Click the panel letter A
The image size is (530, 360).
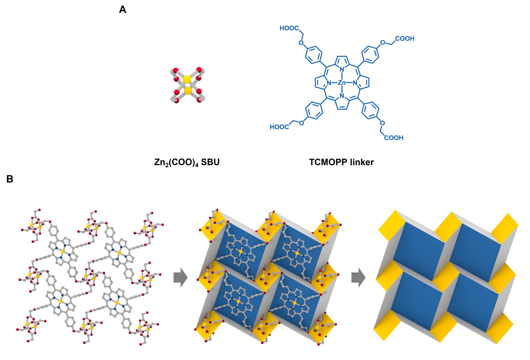click(123, 10)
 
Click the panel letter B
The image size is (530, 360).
click(10, 179)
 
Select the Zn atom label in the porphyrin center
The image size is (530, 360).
click(342, 83)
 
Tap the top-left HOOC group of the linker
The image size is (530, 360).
click(289, 28)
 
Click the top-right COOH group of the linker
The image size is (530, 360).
click(405, 39)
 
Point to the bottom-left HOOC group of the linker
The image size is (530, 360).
click(279, 127)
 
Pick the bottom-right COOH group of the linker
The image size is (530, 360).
click(394, 138)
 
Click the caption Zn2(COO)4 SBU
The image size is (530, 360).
click(187, 162)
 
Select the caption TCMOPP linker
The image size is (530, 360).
click(341, 162)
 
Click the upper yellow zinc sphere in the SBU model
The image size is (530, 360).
click(187, 79)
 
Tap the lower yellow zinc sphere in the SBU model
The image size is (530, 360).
click(188, 91)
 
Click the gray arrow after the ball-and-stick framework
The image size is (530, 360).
click(181, 277)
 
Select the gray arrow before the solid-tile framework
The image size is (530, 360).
click(358, 277)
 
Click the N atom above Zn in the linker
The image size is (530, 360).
click(342, 69)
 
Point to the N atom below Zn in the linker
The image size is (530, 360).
click(342, 96)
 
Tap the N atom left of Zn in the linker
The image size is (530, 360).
click(329, 83)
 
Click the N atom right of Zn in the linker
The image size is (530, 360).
click(355, 83)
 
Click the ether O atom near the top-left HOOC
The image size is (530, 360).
click(301, 43)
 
